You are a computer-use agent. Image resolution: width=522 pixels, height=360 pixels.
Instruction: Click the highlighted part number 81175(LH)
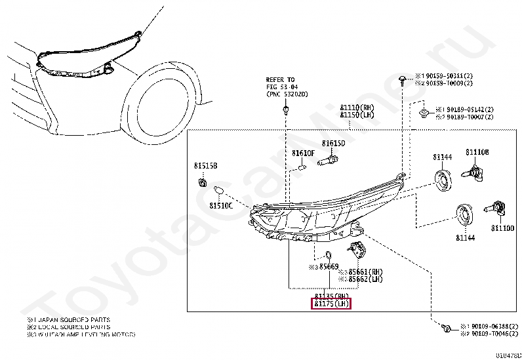pos(332,304)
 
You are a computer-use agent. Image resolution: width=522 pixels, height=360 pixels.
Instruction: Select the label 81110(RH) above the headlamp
pos(357,108)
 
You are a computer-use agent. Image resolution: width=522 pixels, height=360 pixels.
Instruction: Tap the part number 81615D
pos(333,144)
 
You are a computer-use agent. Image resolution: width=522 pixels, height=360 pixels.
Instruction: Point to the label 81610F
pos(304,153)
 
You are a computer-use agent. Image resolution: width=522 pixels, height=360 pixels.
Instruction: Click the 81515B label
pos(205,166)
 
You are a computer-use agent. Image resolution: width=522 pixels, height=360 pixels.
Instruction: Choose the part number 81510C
pos(221,205)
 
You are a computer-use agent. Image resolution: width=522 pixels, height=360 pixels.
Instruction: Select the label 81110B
pos(477,152)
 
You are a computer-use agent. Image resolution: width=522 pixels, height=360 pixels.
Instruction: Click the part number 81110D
pos(502,228)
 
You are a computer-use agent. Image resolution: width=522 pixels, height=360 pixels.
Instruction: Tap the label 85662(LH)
pos(365,279)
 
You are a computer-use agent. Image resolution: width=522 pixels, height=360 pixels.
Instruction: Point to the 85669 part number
pos(327,267)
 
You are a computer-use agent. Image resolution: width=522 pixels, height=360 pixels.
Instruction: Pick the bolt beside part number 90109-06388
pos(446,326)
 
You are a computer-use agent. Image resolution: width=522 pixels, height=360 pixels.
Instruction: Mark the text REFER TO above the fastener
pos(280,79)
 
